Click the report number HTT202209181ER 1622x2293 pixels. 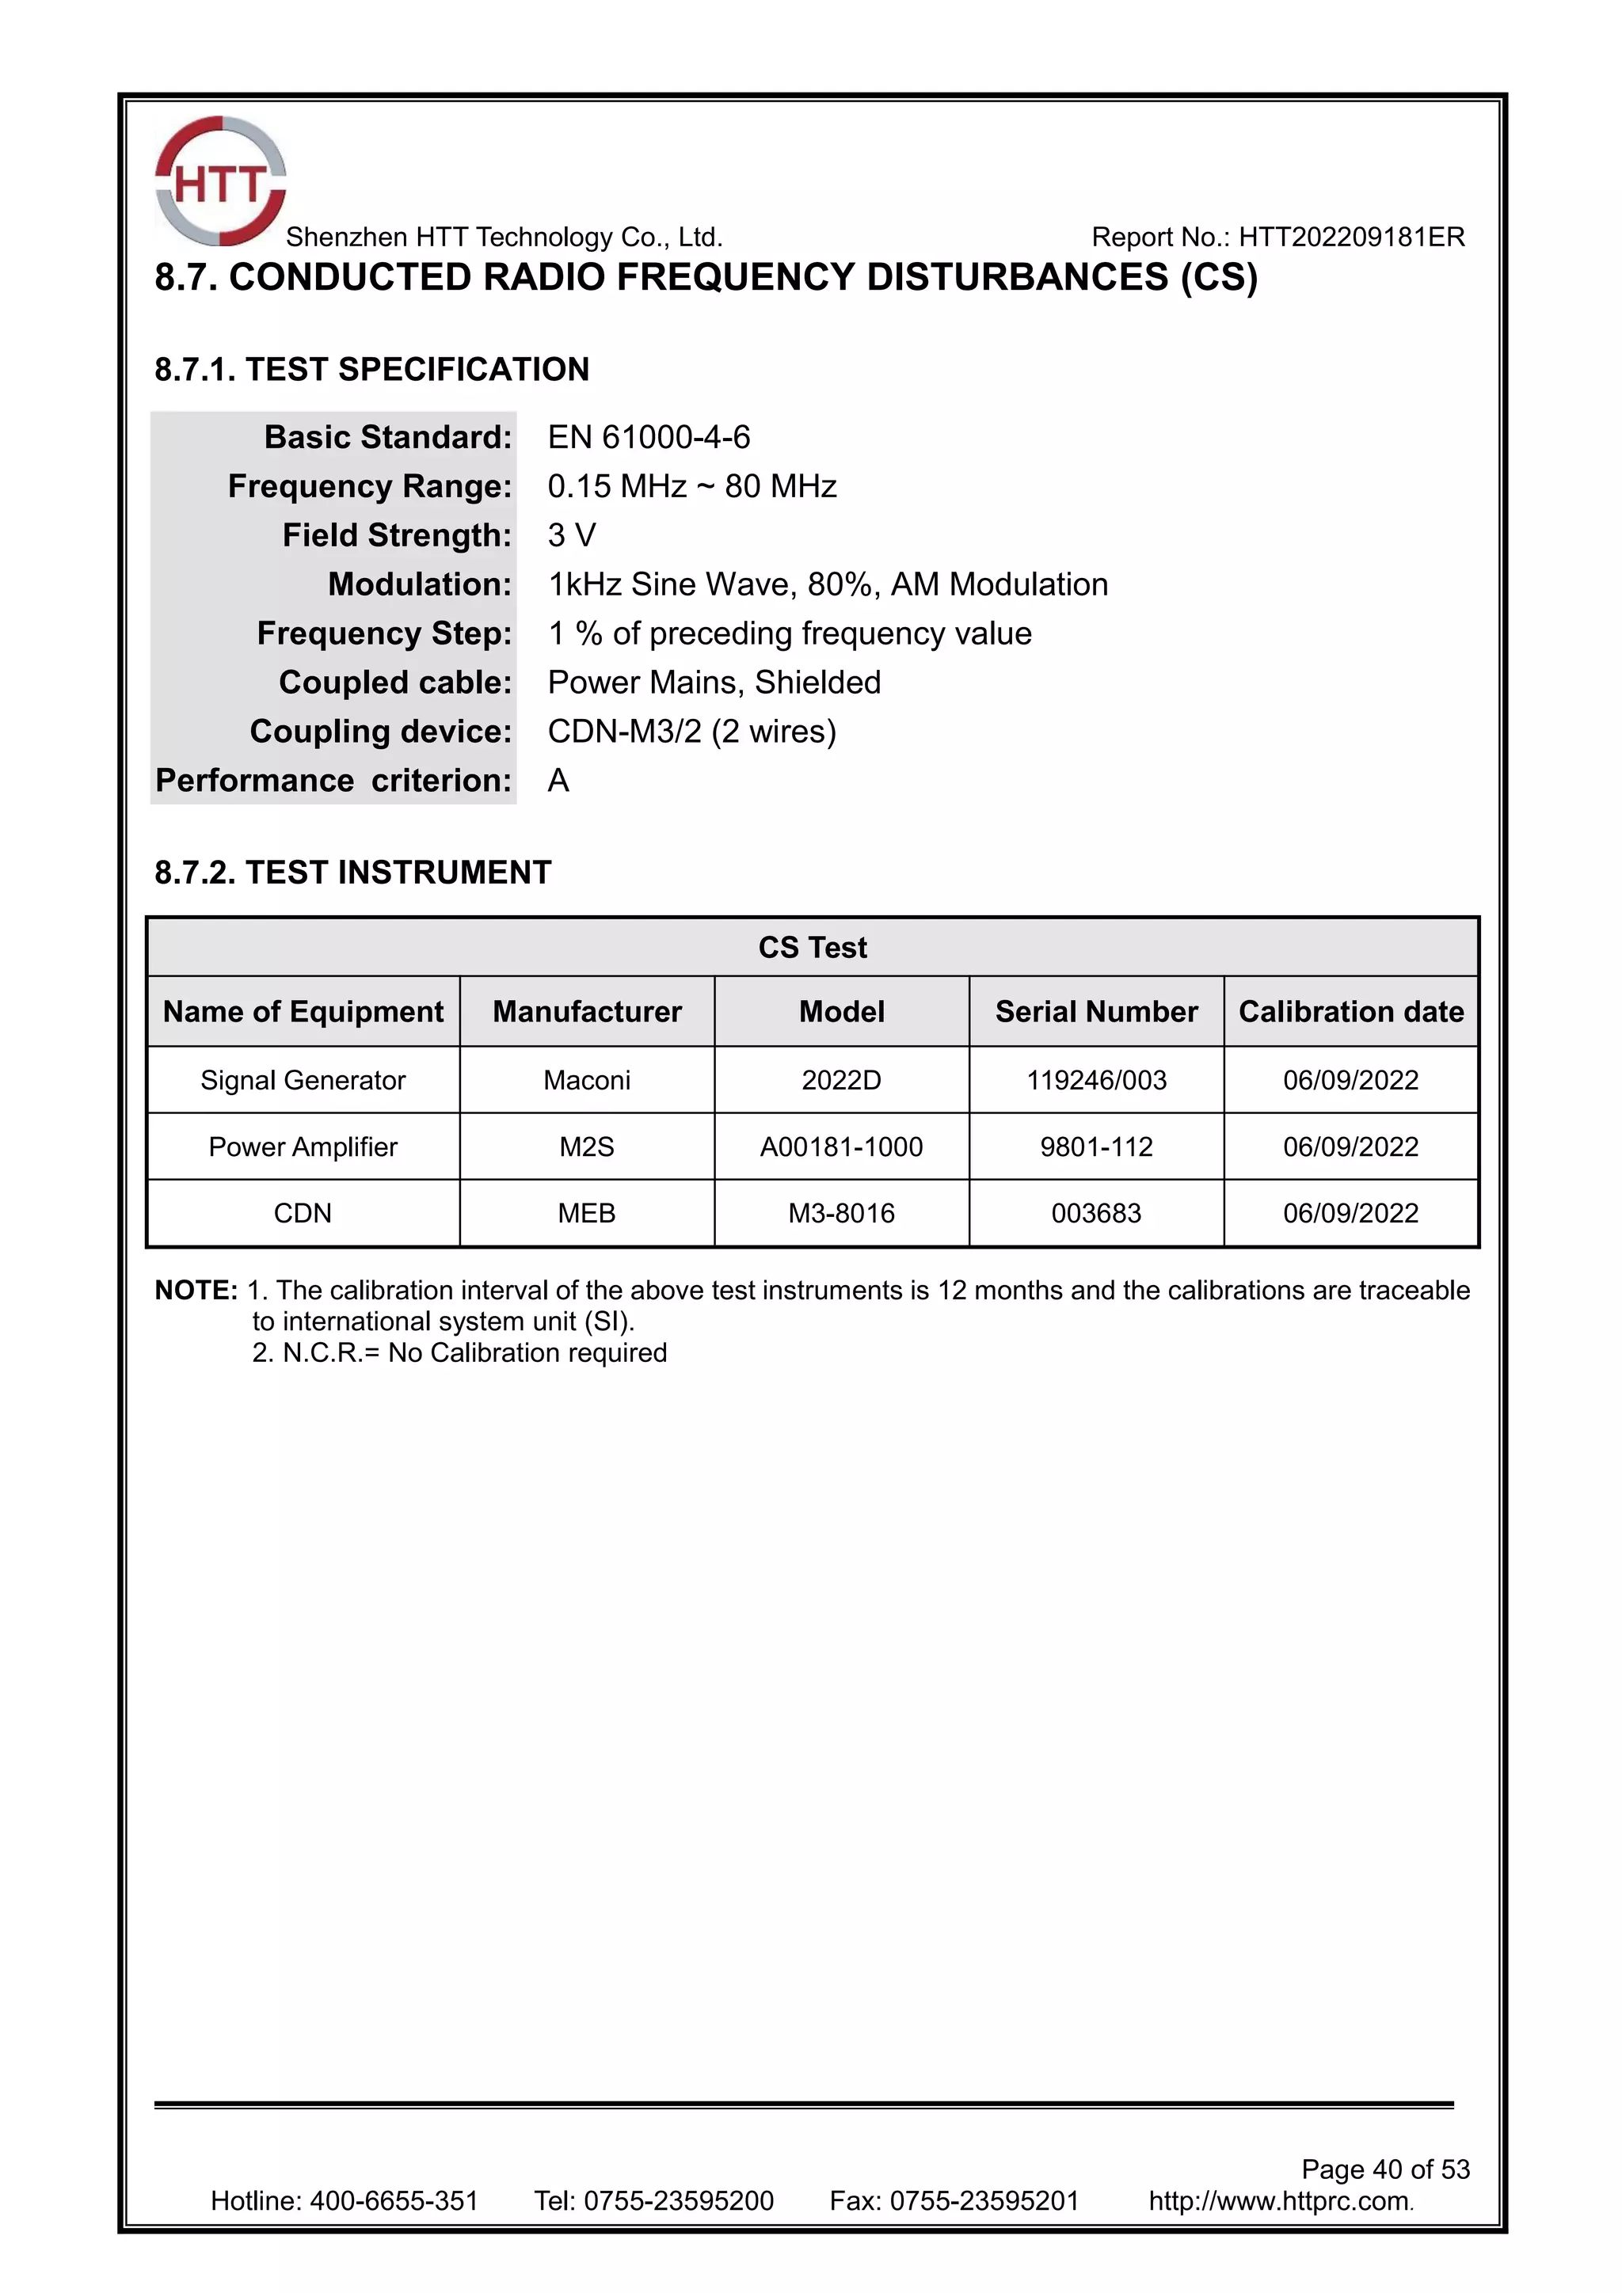coord(1351,238)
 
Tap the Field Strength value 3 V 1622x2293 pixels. coord(571,535)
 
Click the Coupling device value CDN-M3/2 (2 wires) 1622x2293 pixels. coord(691,731)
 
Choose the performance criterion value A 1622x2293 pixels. coord(558,780)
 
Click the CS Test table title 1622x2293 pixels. coord(812,947)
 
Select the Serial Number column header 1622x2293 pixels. coord(1095,1012)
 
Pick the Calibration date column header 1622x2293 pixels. coord(1350,1012)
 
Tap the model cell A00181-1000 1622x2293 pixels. coord(841,1146)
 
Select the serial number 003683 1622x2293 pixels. coord(1095,1214)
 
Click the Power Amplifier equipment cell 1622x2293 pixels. coord(303,1146)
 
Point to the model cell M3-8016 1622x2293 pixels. coord(841,1214)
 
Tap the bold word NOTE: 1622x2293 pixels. coord(196,1291)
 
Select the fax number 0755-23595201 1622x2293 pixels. coord(984,2200)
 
